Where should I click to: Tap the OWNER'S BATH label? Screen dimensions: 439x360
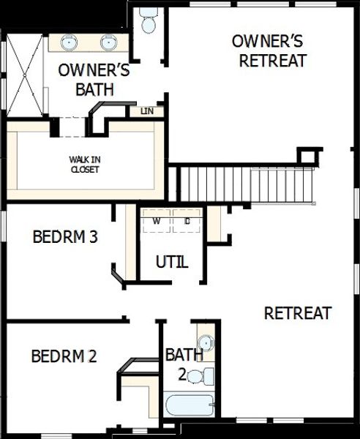pyautogui.click(x=94, y=80)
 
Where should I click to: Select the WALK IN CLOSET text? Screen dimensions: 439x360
pyautogui.click(x=84, y=164)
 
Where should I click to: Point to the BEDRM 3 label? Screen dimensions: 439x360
pyautogui.click(x=66, y=237)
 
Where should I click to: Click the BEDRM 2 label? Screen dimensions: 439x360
pyautogui.click(x=64, y=356)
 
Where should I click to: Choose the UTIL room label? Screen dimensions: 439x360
pyautogui.click(x=173, y=261)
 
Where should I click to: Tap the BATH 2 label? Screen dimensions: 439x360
pyautogui.click(x=184, y=364)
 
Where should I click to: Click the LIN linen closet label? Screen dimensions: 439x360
pyautogui.click(x=147, y=111)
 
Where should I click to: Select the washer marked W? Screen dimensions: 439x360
pyautogui.click(x=157, y=220)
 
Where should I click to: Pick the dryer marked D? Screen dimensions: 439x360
pyautogui.click(x=187, y=220)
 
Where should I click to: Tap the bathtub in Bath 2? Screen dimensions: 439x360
pyautogui.click(x=190, y=405)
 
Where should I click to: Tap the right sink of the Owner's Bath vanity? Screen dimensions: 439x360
pyautogui.click(x=107, y=42)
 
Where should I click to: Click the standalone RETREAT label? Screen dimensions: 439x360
pyautogui.click(x=298, y=313)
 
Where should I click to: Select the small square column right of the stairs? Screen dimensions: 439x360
pyautogui.click(x=309, y=156)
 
